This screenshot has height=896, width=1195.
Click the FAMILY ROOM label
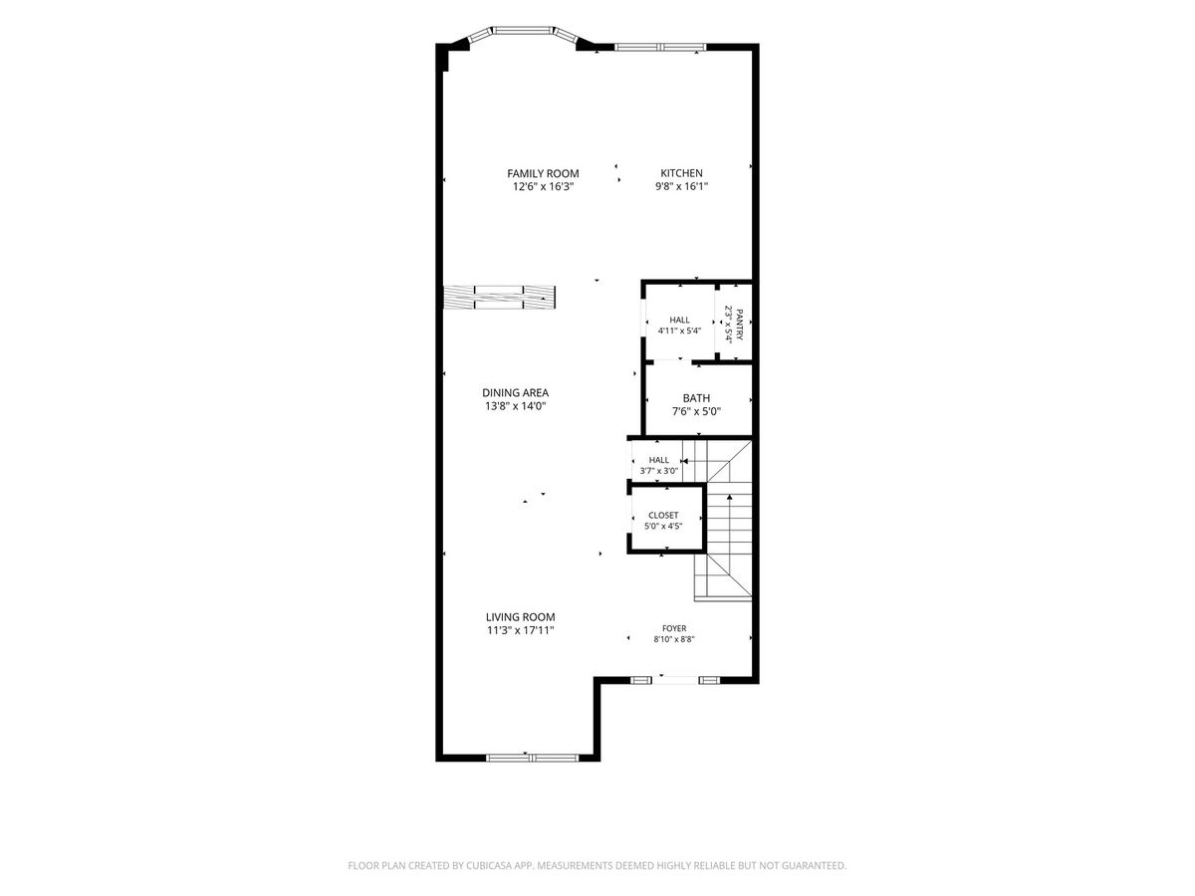(x=543, y=173)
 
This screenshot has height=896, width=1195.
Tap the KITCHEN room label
(x=681, y=173)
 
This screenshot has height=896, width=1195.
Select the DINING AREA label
(x=515, y=392)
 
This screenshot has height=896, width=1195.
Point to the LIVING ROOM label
(x=520, y=617)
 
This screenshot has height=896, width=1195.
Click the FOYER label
(x=674, y=628)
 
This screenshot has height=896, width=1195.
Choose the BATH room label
(x=696, y=398)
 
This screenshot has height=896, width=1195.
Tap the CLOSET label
(x=663, y=515)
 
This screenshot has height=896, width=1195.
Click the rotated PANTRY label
(x=739, y=325)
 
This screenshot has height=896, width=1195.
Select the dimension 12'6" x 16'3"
(x=543, y=186)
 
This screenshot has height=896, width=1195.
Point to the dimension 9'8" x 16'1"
(x=681, y=186)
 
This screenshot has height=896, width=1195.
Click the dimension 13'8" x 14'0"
(x=515, y=406)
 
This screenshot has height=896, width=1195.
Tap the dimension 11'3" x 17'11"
(x=520, y=630)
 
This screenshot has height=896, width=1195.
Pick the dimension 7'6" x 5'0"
(x=696, y=412)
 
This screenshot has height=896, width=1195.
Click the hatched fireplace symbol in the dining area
(x=499, y=297)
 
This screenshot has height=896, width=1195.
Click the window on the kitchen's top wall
(x=660, y=47)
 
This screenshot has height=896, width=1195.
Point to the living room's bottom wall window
(x=532, y=758)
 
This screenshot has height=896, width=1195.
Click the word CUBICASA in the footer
(x=489, y=865)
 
